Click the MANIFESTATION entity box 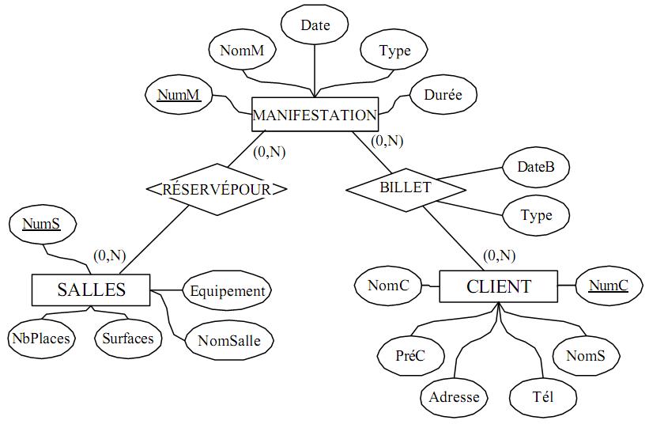click(x=315, y=115)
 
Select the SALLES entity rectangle click(x=91, y=290)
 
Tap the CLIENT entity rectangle click(x=499, y=286)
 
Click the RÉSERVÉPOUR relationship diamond click(x=216, y=190)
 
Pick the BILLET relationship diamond click(x=406, y=188)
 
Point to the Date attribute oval click(x=315, y=25)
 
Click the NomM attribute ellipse click(x=242, y=51)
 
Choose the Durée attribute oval click(x=443, y=95)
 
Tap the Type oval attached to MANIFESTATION click(x=394, y=51)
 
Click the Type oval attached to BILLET click(x=536, y=215)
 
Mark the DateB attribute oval click(x=535, y=167)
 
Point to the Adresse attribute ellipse click(x=454, y=396)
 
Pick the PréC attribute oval click(x=409, y=356)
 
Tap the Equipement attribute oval click(x=228, y=291)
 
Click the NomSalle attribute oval click(x=224, y=341)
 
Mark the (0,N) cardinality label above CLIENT click(x=498, y=256)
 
